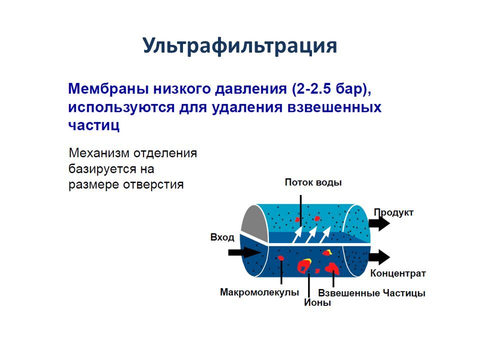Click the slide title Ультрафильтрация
pyautogui.click(x=239, y=45)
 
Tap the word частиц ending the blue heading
pyautogui.click(x=93, y=124)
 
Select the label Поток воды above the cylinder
pyautogui.click(x=313, y=182)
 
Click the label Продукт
pyautogui.click(x=393, y=212)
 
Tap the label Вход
pyautogui.click(x=222, y=237)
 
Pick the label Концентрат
pyautogui.click(x=398, y=273)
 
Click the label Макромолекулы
pyautogui.click(x=259, y=292)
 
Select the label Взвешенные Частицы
pyautogui.click(x=371, y=293)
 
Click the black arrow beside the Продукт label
pyautogui.click(x=379, y=223)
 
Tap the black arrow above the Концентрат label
pyautogui.click(x=379, y=257)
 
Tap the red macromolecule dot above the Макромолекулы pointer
pyautogui.click(x=281, y=258)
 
